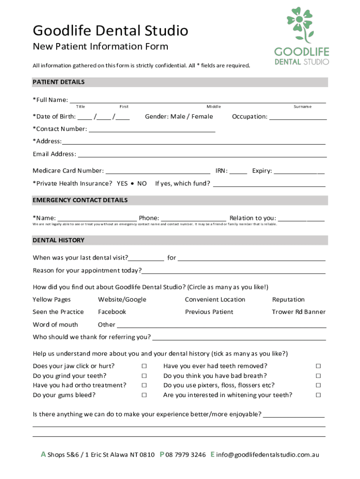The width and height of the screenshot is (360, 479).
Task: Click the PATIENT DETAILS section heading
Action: (x=59, y=82)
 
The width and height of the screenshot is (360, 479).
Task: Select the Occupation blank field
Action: (x=298, y=117)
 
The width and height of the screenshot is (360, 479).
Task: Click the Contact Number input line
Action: (x=152, y=130)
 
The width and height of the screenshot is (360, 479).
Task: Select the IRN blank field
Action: (x=238, y=172)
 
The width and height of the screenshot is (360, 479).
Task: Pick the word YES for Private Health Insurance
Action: (x=122, y=183)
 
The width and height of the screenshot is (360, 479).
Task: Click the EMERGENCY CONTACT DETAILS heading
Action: (x=80, y=200)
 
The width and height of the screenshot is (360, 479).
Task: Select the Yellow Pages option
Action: (x=52, y=299)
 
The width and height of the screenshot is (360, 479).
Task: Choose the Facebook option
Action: (x=112, y=312)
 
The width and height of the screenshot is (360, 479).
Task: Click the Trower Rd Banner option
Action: (x=298, y=312)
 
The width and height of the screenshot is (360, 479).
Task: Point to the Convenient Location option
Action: (x=215, y=299)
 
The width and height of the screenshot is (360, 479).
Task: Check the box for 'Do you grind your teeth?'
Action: (x=144, y=376)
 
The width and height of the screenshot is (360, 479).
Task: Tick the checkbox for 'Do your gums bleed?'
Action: (x=144, y=395)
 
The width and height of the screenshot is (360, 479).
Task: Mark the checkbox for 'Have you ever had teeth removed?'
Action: (x=318, y=366)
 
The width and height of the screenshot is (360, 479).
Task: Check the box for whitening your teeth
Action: (x=318, y=395)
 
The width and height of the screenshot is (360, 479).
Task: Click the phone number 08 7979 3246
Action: (x=186, y=455)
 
